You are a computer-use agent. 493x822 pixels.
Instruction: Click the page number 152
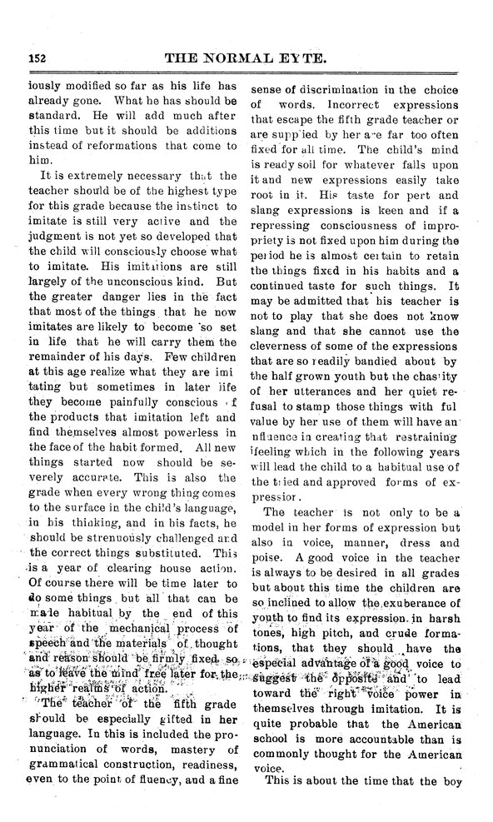pyautogui.click(x=35, y=57)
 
